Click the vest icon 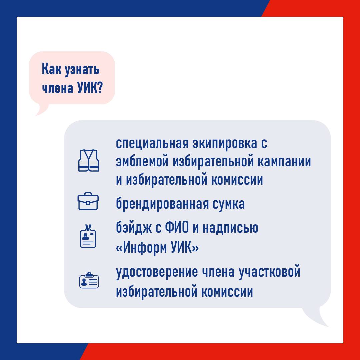tap(89, 160)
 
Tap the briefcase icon tap(88, 201)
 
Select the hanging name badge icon tap(88, 236)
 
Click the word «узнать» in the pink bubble tap(82, 70)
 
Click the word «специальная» tap(152, 143)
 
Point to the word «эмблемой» tap(142, 162)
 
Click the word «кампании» tap(284, 162)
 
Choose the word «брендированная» tap(162, 204)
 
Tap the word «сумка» tap(229, 204)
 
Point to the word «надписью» tap(230, 228)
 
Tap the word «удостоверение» tap(157, 272)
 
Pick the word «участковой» tap(270, 272)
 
